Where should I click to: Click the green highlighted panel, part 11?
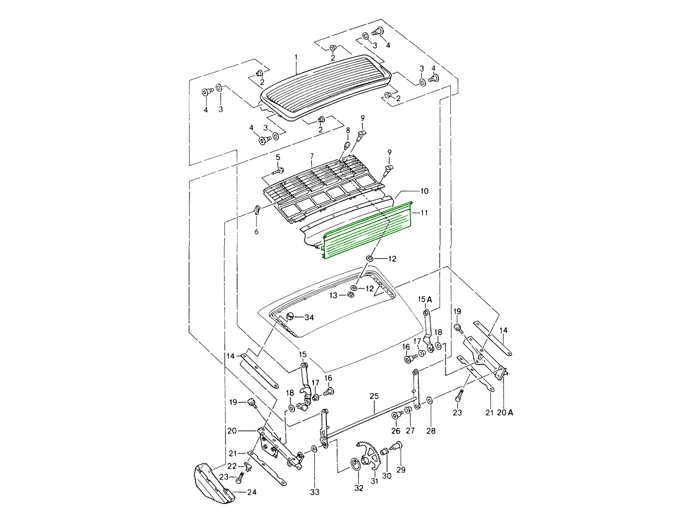click(366, 232)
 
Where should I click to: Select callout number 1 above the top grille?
click(296, 57)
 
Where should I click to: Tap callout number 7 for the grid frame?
click(312, 156)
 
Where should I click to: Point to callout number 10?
click(424, 191)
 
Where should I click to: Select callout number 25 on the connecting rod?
click(374, 396)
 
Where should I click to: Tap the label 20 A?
click(505, 412)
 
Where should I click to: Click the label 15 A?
click(424, 300)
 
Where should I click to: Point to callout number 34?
click(309, 317)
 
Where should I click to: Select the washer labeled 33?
click(314, 449)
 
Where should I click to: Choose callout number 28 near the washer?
click(431, 431)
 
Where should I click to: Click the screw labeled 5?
click(280, 171)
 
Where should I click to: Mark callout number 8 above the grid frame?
click(348, 131)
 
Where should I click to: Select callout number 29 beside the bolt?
click(401, 470)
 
